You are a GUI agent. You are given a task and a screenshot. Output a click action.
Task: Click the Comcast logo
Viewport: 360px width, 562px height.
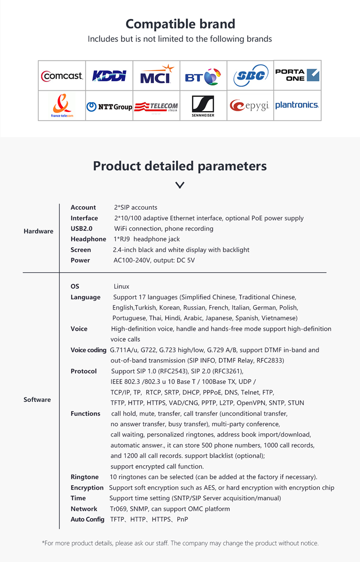(62, 76)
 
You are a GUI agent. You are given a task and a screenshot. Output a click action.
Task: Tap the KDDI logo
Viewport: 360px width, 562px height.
(109, 76)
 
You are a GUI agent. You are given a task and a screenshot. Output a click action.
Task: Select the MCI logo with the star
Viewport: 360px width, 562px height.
(157, 76)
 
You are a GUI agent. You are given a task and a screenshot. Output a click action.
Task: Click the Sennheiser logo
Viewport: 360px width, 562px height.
(203, 106)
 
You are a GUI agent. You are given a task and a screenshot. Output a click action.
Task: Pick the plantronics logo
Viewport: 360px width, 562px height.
(297, 105)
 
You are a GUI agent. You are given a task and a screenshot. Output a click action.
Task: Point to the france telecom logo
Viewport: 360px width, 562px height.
(62, 106)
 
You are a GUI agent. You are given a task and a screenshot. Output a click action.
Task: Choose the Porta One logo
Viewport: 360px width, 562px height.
(297, 75)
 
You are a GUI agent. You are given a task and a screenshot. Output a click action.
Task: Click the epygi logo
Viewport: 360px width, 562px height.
(250, 106)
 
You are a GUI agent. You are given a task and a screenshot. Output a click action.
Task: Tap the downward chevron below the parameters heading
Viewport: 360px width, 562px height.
(180, 185)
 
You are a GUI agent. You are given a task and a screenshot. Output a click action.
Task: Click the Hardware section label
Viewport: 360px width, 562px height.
(38, 231)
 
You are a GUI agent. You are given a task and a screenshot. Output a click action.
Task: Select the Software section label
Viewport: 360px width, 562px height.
(37, 400)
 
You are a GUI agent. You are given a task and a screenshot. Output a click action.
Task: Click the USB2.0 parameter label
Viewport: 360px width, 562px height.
(81, 229)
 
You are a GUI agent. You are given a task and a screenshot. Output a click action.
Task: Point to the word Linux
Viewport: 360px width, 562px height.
(121, 286)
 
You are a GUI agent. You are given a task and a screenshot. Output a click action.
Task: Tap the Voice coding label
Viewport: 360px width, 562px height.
(88, 350)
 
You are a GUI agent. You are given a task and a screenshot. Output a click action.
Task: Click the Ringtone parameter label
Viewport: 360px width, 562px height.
(85, 477)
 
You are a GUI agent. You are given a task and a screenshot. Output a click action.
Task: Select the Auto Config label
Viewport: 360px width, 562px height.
(87, 519)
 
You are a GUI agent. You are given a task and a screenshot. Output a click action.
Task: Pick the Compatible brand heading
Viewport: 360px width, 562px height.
(180, 24)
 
